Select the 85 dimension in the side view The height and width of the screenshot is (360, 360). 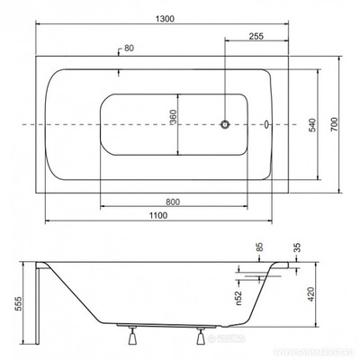click(259, 247)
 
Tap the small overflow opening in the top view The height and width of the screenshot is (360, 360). click(266, 123)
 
